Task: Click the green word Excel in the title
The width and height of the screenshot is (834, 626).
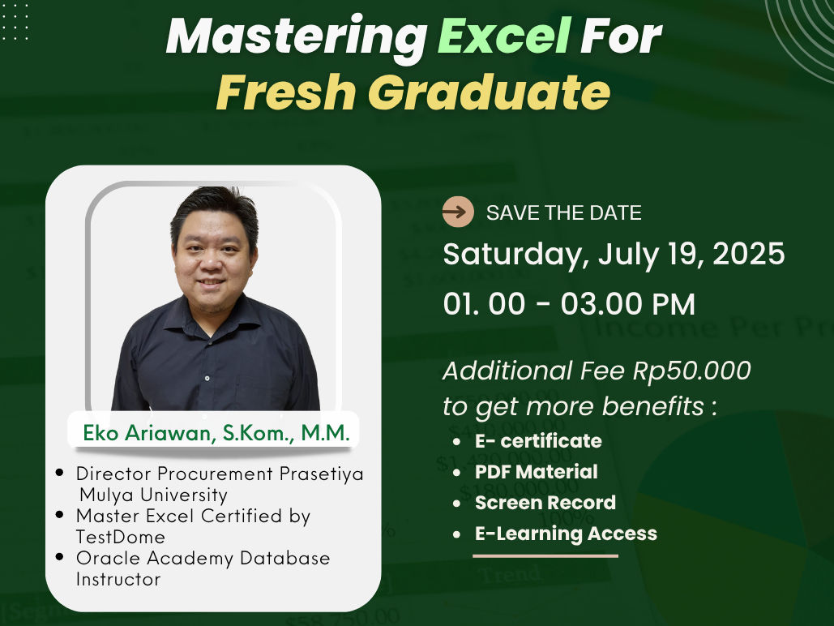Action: point(504,36)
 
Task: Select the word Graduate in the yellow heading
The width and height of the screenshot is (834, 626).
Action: point(489,92)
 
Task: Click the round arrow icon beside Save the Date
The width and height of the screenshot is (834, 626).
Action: point(458,212)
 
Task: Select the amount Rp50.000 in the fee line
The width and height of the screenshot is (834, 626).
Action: point(691,371)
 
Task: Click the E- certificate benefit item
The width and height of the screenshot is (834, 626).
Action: point(538,441)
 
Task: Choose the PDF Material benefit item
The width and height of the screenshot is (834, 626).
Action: point(537,472)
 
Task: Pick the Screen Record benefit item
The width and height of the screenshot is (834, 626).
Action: point(545,503)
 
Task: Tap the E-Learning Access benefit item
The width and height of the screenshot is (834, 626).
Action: point(566,534)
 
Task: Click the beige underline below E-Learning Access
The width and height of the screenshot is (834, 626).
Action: point(545,555)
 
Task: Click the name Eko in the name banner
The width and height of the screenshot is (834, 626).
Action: point(101,433)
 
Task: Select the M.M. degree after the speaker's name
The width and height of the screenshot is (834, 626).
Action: point(326,433)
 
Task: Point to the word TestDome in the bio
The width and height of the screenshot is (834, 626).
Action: point(120,537)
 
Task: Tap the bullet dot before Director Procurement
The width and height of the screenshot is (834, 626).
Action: point(59,472)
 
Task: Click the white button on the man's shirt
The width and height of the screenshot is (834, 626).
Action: point(207,378)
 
